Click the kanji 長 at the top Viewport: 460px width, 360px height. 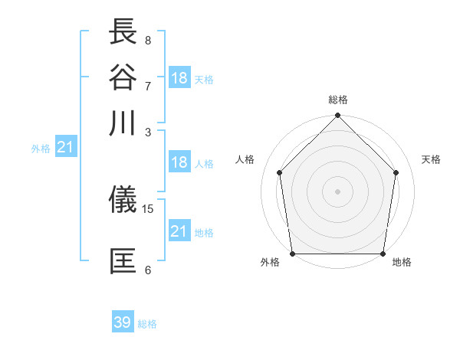point(123,33)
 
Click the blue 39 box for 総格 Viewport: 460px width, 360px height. point(123,322)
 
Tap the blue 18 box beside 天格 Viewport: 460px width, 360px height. point(179,77)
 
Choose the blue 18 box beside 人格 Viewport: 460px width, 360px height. point(179,162)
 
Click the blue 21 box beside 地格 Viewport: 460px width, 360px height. point(179,231)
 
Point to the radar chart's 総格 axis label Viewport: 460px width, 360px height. point(337,100)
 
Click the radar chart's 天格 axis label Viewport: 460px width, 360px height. point(431,159)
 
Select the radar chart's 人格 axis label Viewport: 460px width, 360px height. point(245,159)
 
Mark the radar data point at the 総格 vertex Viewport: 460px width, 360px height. point(337,116)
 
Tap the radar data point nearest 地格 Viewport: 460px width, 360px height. point(383,254)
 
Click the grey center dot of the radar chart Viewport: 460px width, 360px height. point(337,191)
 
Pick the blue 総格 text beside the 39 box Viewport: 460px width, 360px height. point(147,324)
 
